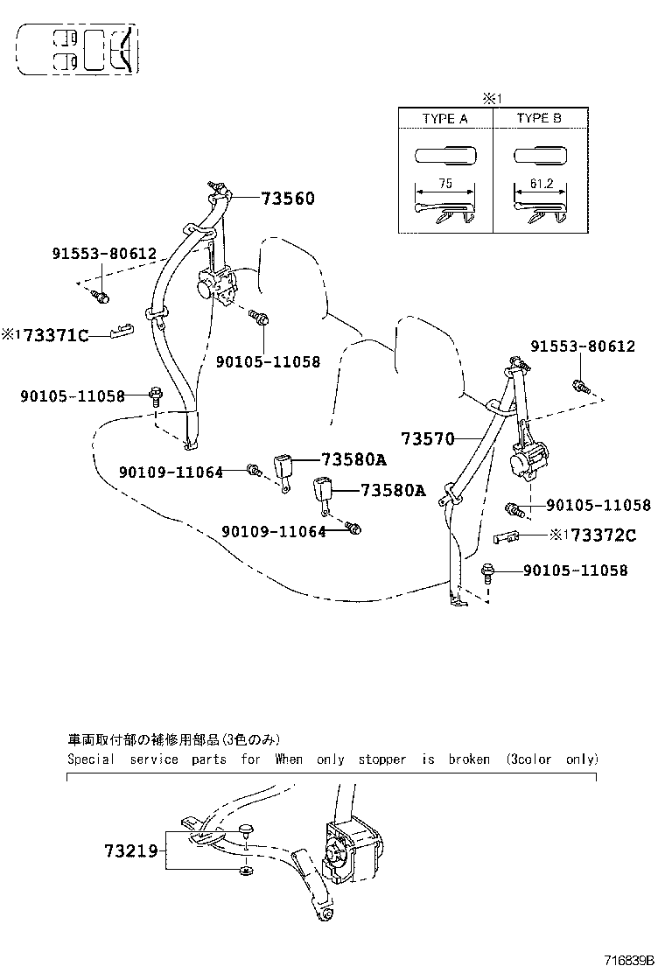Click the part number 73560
(287, 199)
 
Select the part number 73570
(428, 437)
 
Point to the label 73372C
(603, 535)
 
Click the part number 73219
(130, 850)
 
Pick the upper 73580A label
(353, 459)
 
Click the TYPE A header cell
(444, 118)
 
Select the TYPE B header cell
(539, 118)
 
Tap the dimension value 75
(444, 185)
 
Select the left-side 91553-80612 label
(103, 254)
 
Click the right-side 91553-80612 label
(582, 346)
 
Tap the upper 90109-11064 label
(170, 472)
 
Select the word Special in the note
(90, 759)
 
